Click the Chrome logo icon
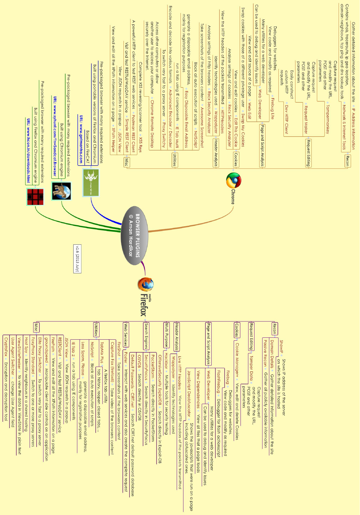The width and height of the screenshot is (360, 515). click(x=233, y=181)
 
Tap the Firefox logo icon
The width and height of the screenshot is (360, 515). click(x=146, y=284)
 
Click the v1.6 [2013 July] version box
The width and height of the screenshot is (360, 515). click(x=77, y=258)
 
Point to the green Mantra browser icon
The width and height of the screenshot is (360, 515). click(x=91, y=183)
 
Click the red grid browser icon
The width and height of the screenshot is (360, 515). click(x=35, y=197)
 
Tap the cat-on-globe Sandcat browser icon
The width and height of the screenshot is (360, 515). click(x=61, y=191)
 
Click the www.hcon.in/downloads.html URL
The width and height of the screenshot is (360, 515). click(x=28, y=150)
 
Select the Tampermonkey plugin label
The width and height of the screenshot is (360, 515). click(x=327, y=119)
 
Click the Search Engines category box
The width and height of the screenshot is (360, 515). click(x=146, y=336)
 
